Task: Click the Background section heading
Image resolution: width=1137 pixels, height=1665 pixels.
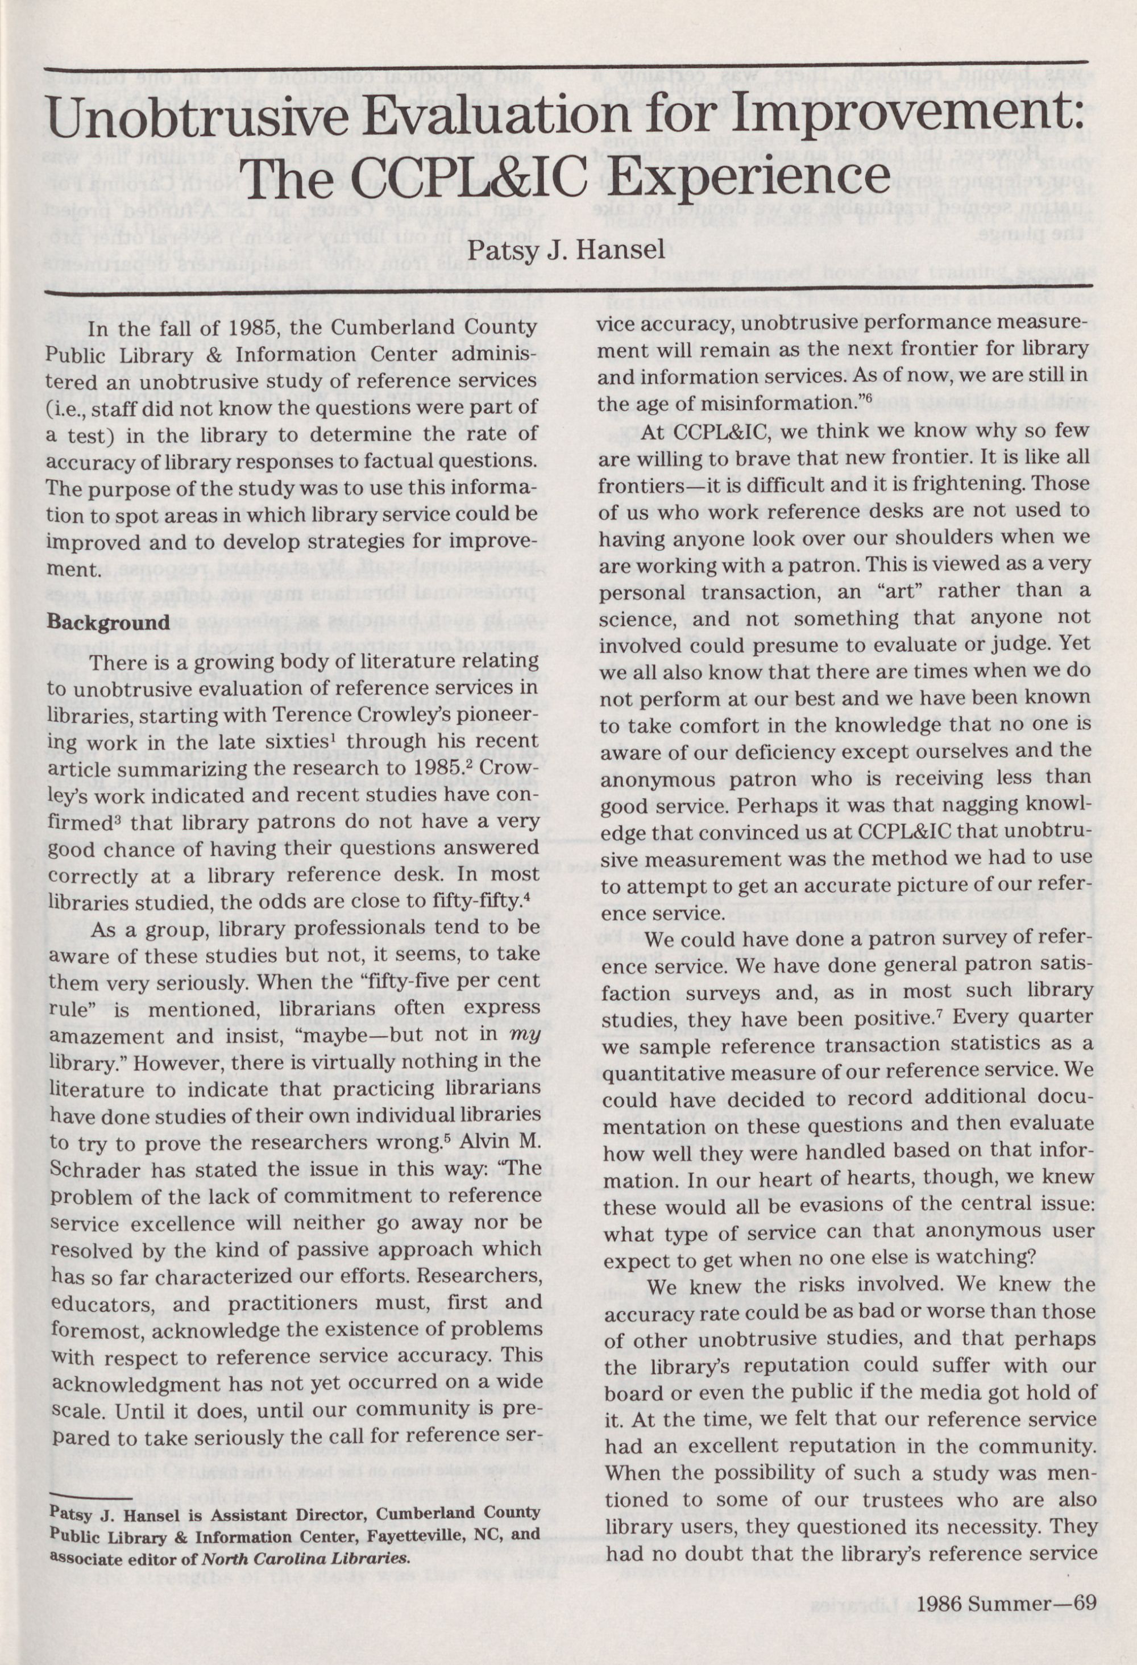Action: coord(108,622)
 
